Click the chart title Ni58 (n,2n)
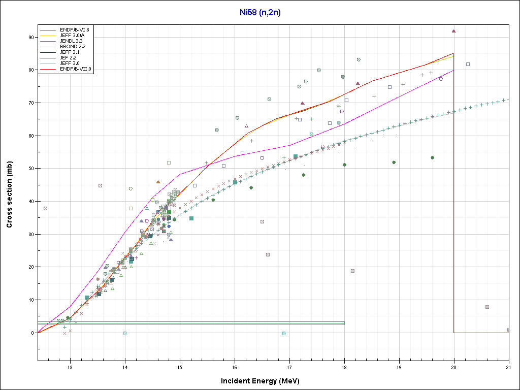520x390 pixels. pyautogui.click(x=259, y=13)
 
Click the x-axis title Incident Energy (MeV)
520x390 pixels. pyautogui.click(x=264, y=381)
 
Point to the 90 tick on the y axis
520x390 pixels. pyautogui.click(x=31, y=37)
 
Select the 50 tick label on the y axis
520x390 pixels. pyautogui.click(x=31, y=169)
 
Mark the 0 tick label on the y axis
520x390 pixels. pyautogui.click(x=32, y=333)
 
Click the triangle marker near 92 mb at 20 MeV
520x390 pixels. pyautogui.click(x=454, y=31)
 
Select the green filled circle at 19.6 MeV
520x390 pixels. pyautogui.click(x=432, y=158)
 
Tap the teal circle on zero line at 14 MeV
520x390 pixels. pyautogui.click(x=125, y=333)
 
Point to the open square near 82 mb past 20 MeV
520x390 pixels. pyautogui.click(x=468, y=64)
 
